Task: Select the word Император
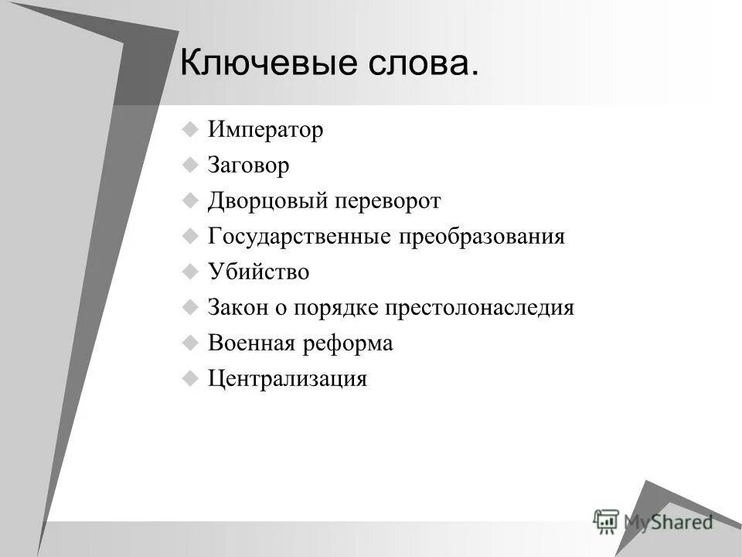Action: pyautogui.click(x=265, y=130)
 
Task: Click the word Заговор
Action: pyautogui.click(x=248, y=166)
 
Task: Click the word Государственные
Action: pyautogui.click(x=298, y=237)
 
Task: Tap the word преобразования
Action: pyautogui.click(x=482, y=237)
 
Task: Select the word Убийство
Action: pyautogui.click(x=258, y=272)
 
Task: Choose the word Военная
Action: pyautogui.click(x=251, y=343)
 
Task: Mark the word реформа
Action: pyautogui.click(x=348, y=343)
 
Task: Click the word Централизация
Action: pyautogui.click(x=287, y=379)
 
